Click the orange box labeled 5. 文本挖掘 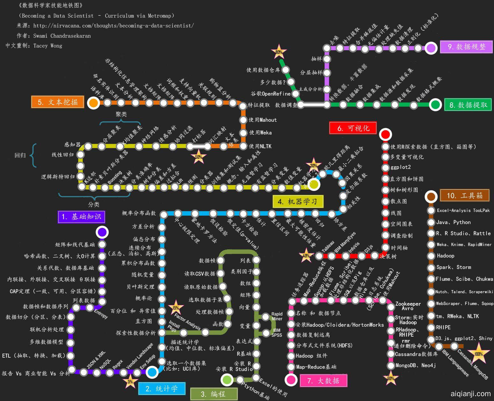pyautogui.click(x=58, y=102)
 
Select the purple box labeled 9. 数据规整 pyautogui.click(x=466, y=47)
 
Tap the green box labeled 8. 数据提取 pyautogui.click(x=468, y=105)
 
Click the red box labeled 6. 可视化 pyautogui.click(x=353, y=128)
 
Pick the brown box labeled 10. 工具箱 pyautogui.click(x=464, y=195)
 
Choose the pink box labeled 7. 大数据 pyautogui.click(x=323, y=381)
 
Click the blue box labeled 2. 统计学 pyautogui.click(x=162, y=389)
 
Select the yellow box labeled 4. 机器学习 pyautogui.click(x=298, y=201)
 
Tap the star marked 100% pyautogui.click(x=478, y=354)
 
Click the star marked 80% pyautogui.click(x=279, y=52)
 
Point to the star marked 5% pyautogui.click(x=130, y=382)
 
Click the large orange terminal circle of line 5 pyautogui.click(x=93, y=103)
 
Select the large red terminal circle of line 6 pyautogui.click(x=386, y=135)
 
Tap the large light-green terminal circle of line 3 pyautogui.click(x=227, y=380)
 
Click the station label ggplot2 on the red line pyautogui.click(x=401, y=167)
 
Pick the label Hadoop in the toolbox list pyautogui.click(x=445, y=256)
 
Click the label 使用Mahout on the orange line pyautogui.click(x=263, y=120)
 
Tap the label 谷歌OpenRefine pyautogui.click(x=271, y=94)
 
